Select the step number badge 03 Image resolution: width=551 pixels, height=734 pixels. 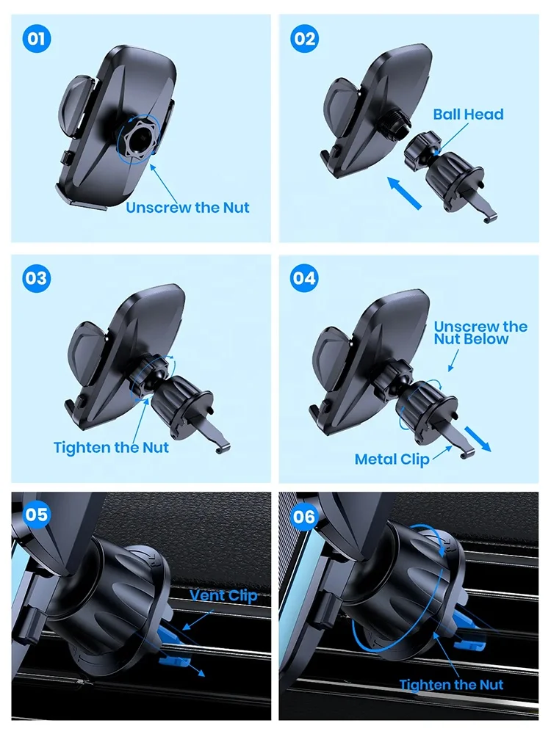(36, 278)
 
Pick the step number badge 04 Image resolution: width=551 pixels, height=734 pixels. (304, 278)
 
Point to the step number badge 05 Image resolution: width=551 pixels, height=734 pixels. (36, 514)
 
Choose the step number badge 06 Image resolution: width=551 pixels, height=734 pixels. (304, 516)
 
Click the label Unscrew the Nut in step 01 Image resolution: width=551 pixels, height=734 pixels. (187, 208)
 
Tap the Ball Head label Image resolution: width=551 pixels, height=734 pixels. (468, 115)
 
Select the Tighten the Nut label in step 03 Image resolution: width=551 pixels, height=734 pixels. (111, 447)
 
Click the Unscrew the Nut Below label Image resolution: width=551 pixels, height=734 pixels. (480, 333)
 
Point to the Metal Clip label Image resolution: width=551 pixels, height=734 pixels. (392, 459)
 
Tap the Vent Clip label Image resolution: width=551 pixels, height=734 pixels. (224, 595)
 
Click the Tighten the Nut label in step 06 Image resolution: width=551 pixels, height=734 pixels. (451, 684)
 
